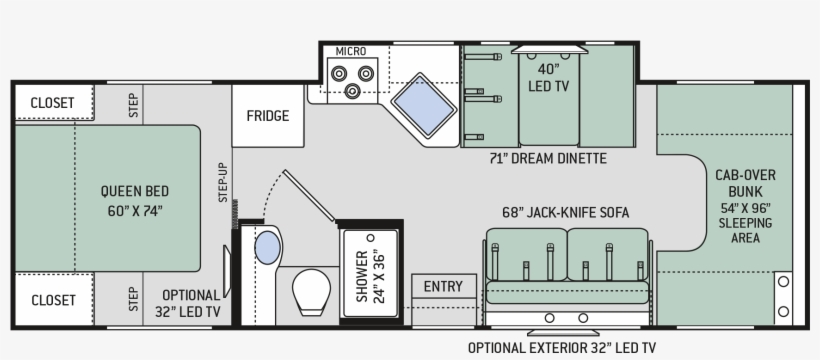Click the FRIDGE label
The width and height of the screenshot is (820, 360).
[x=268, y=115]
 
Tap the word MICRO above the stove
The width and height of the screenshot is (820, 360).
[x=350, y=51]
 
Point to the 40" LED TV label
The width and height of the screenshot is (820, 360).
[x=548, y=78]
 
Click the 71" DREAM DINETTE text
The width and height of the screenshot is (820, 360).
[x=548, y=159]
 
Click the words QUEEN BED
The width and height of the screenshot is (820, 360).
[x=133, y=191]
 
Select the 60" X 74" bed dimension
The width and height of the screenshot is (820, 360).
[x=133, y=210]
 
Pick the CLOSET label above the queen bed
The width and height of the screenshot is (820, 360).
[x=53, y=102]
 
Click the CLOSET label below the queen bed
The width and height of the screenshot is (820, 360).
[x=53, y=300]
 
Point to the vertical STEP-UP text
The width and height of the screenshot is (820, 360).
[x=224, y=182]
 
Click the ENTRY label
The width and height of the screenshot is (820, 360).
[x=443, y=287]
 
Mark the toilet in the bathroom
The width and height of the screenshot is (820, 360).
[x=313, y=290]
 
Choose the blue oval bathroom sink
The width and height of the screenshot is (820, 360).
[x=268, y=246]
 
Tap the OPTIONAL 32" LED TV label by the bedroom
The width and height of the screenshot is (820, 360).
[x=190, y=303]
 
